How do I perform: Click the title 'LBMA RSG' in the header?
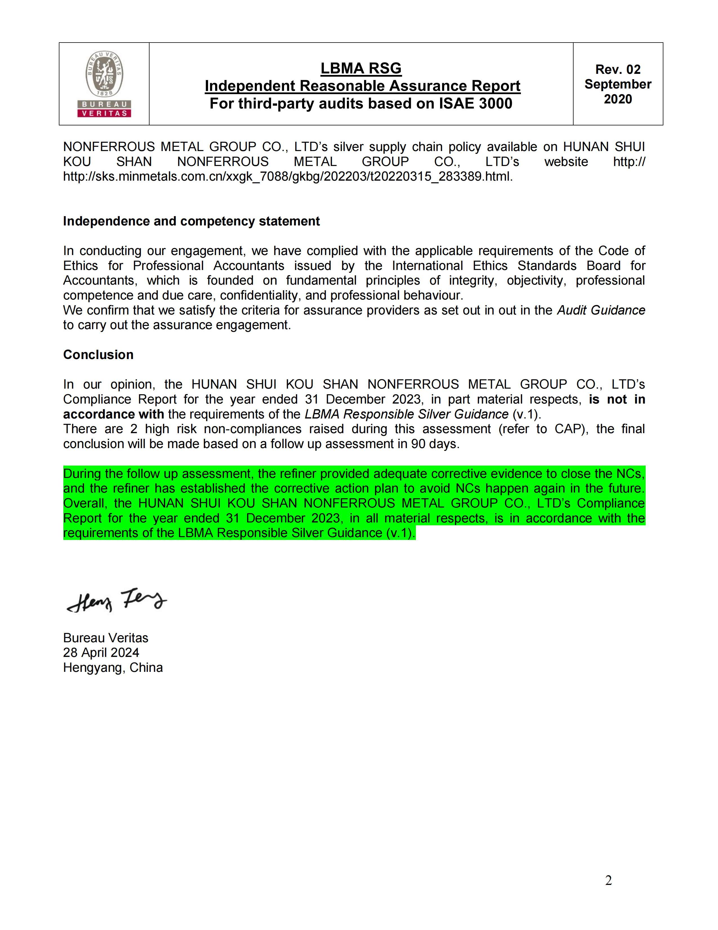coord(361,68)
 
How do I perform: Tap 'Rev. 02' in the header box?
coord(617,69)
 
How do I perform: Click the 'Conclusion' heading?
coord(98,355)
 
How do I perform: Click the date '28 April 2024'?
coord(101,652)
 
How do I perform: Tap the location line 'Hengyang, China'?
coord(113,667)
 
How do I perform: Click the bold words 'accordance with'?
coord(113,414)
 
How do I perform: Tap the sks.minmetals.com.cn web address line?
coord(288,176)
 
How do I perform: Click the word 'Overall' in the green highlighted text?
coord(86,503)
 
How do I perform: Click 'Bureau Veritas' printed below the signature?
coord(106,638)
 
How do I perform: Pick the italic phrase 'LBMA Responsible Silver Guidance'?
coord(406,414)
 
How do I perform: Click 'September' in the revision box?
coord(617,84)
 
